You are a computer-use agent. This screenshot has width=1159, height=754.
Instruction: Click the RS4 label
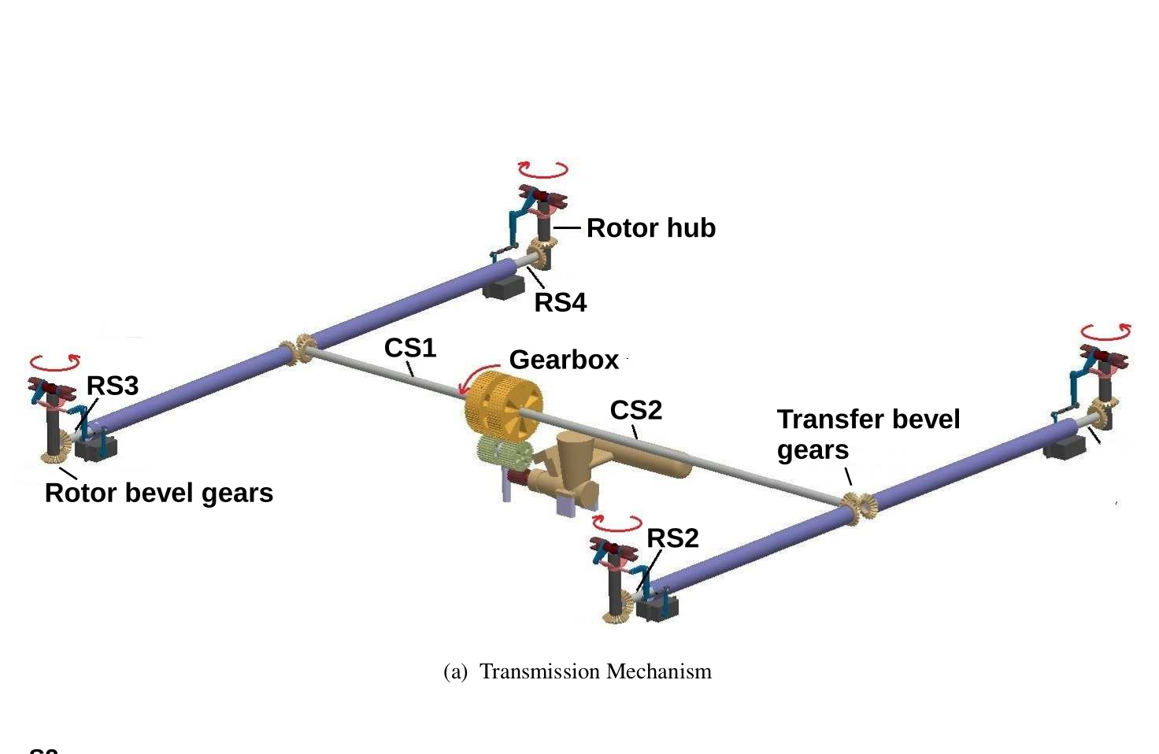pos(560,302)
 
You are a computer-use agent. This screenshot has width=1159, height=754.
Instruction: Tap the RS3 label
pos(113,386)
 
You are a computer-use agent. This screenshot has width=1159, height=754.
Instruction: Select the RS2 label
pos(672,538)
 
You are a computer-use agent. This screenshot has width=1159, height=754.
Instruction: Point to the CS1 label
pos(409,348)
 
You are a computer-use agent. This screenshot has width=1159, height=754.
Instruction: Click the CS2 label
pos(635,410)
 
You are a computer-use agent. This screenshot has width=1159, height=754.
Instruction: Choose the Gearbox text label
pos(564,360)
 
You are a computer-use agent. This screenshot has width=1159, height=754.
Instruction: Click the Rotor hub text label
pos(650,228)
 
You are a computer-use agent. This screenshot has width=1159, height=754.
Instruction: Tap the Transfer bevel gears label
pos(868,434)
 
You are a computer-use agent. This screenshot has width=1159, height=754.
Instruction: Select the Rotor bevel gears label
pos(159,493)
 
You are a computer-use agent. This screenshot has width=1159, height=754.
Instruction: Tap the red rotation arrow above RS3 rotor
pos(55,363)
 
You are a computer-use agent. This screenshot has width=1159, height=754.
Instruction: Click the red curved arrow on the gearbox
pos(476,377)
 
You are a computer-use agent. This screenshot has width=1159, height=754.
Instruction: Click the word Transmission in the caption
pos(539,671)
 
